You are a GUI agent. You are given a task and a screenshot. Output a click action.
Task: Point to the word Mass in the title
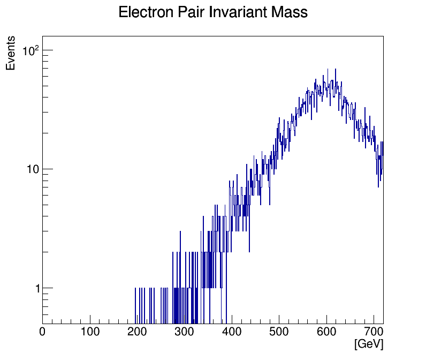pyautogui.click(x=290, y=12)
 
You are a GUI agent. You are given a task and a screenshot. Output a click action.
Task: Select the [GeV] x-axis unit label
pyautogui.click(x=369, y=344)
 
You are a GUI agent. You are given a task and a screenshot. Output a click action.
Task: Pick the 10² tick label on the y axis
pyautogui.click(x=32, y=51)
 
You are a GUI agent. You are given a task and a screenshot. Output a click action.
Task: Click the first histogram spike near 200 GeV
pyautogui.click(x=135, y=300)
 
